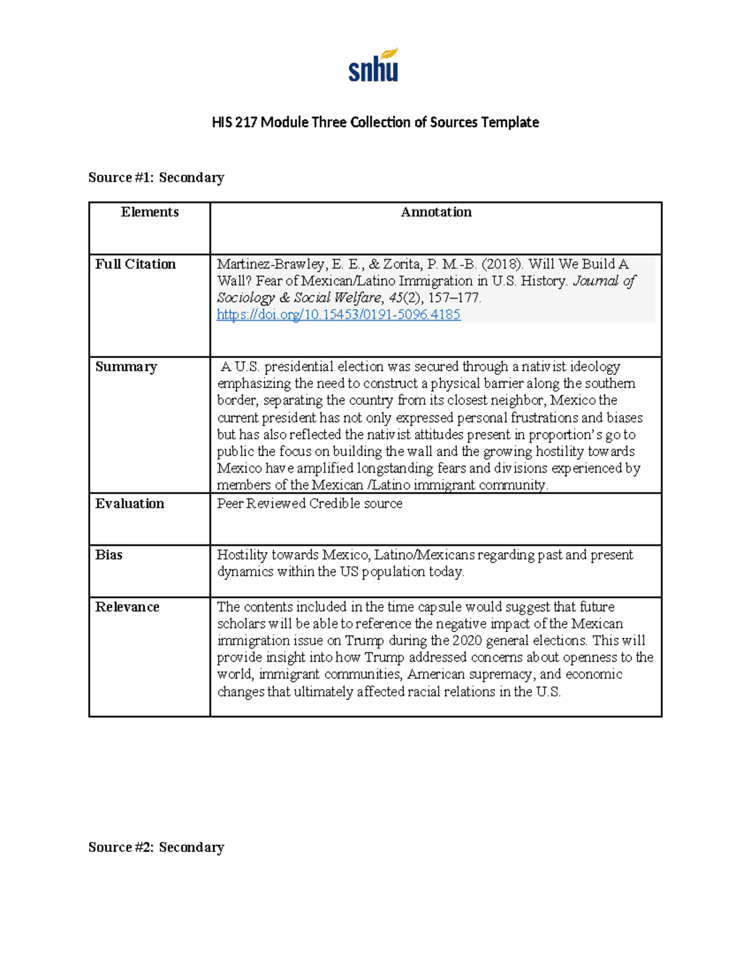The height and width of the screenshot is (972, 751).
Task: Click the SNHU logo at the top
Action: pos(374,66)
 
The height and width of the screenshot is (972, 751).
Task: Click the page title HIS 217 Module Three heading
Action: pos(375,122)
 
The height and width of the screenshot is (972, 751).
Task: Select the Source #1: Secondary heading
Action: pos(156,178)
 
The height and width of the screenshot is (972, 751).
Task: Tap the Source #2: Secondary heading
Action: pos(156,847)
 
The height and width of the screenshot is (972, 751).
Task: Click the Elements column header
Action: pos(150,212)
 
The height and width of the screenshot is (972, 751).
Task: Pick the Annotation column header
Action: pos(436,212)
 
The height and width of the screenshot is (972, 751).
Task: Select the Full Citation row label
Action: pos(135,264)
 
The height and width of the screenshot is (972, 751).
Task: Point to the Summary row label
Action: pos(126,367)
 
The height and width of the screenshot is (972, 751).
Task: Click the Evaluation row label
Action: pos(130,504)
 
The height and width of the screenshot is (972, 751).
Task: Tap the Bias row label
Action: pos(109,555)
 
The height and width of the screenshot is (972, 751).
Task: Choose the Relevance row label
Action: pos(127,607)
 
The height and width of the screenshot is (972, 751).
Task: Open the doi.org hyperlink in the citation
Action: pos(339,315)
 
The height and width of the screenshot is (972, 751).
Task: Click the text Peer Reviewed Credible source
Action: pos(309,504)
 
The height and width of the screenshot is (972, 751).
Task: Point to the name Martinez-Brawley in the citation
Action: pos(270,264)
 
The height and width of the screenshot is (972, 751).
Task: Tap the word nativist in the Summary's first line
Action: pos(546,367)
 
